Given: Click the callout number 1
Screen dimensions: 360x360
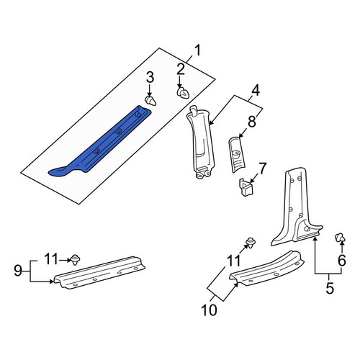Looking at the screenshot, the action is (x=197, y=50).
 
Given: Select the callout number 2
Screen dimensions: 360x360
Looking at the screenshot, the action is (x=181, y=69).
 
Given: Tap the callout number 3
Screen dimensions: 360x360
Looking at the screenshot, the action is (x=150, y=78).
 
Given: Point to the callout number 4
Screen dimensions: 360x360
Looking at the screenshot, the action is (x=256, y=91).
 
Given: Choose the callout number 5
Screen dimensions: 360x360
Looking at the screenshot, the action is (x=330, y=288).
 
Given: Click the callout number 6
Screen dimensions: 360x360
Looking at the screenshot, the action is (x=342, y=260).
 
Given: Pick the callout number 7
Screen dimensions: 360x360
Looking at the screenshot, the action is (x=262, y=168).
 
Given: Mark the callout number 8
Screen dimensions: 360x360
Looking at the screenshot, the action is (x=252, y=122).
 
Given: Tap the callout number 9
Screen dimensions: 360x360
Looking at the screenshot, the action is (x=18, y=271).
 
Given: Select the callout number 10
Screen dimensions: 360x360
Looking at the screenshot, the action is (x=210, y=310).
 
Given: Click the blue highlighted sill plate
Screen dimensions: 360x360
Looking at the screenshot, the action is (x=100, y=141).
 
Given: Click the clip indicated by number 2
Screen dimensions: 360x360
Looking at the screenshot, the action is (x=183, y=93).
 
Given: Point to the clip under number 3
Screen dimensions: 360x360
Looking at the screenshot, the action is (x=150, y=101).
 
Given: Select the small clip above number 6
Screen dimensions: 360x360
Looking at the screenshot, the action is (x=340, y=238).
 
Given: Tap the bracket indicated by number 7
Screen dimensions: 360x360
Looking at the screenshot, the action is (x=246, y=187).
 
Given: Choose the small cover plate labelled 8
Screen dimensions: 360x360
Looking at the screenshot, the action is (x=237, y=154).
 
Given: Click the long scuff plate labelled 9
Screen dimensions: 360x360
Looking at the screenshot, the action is (x=99, y=273).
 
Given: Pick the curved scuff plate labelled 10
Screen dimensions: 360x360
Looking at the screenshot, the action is (x=267, y=269).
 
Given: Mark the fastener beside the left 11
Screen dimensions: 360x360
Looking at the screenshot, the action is (x=75, y=260).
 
